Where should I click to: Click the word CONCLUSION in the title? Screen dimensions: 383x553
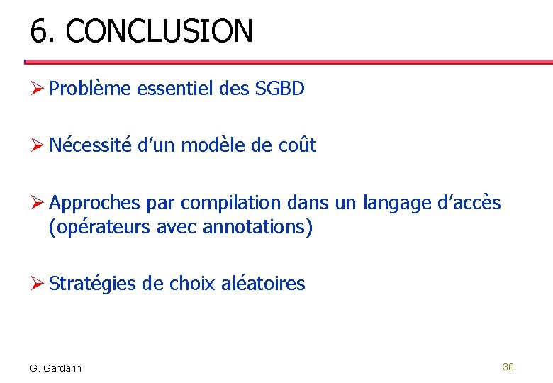click(x=159, y=31)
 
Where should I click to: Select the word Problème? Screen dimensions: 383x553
click(x=90, y=89)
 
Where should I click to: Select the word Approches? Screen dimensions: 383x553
click(x=95, y=203)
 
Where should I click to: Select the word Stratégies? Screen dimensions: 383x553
click(x=93, y=284)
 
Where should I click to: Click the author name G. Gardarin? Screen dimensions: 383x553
click(x=56, y=368)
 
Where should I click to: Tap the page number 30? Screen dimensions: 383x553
click(x=508, y=367)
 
